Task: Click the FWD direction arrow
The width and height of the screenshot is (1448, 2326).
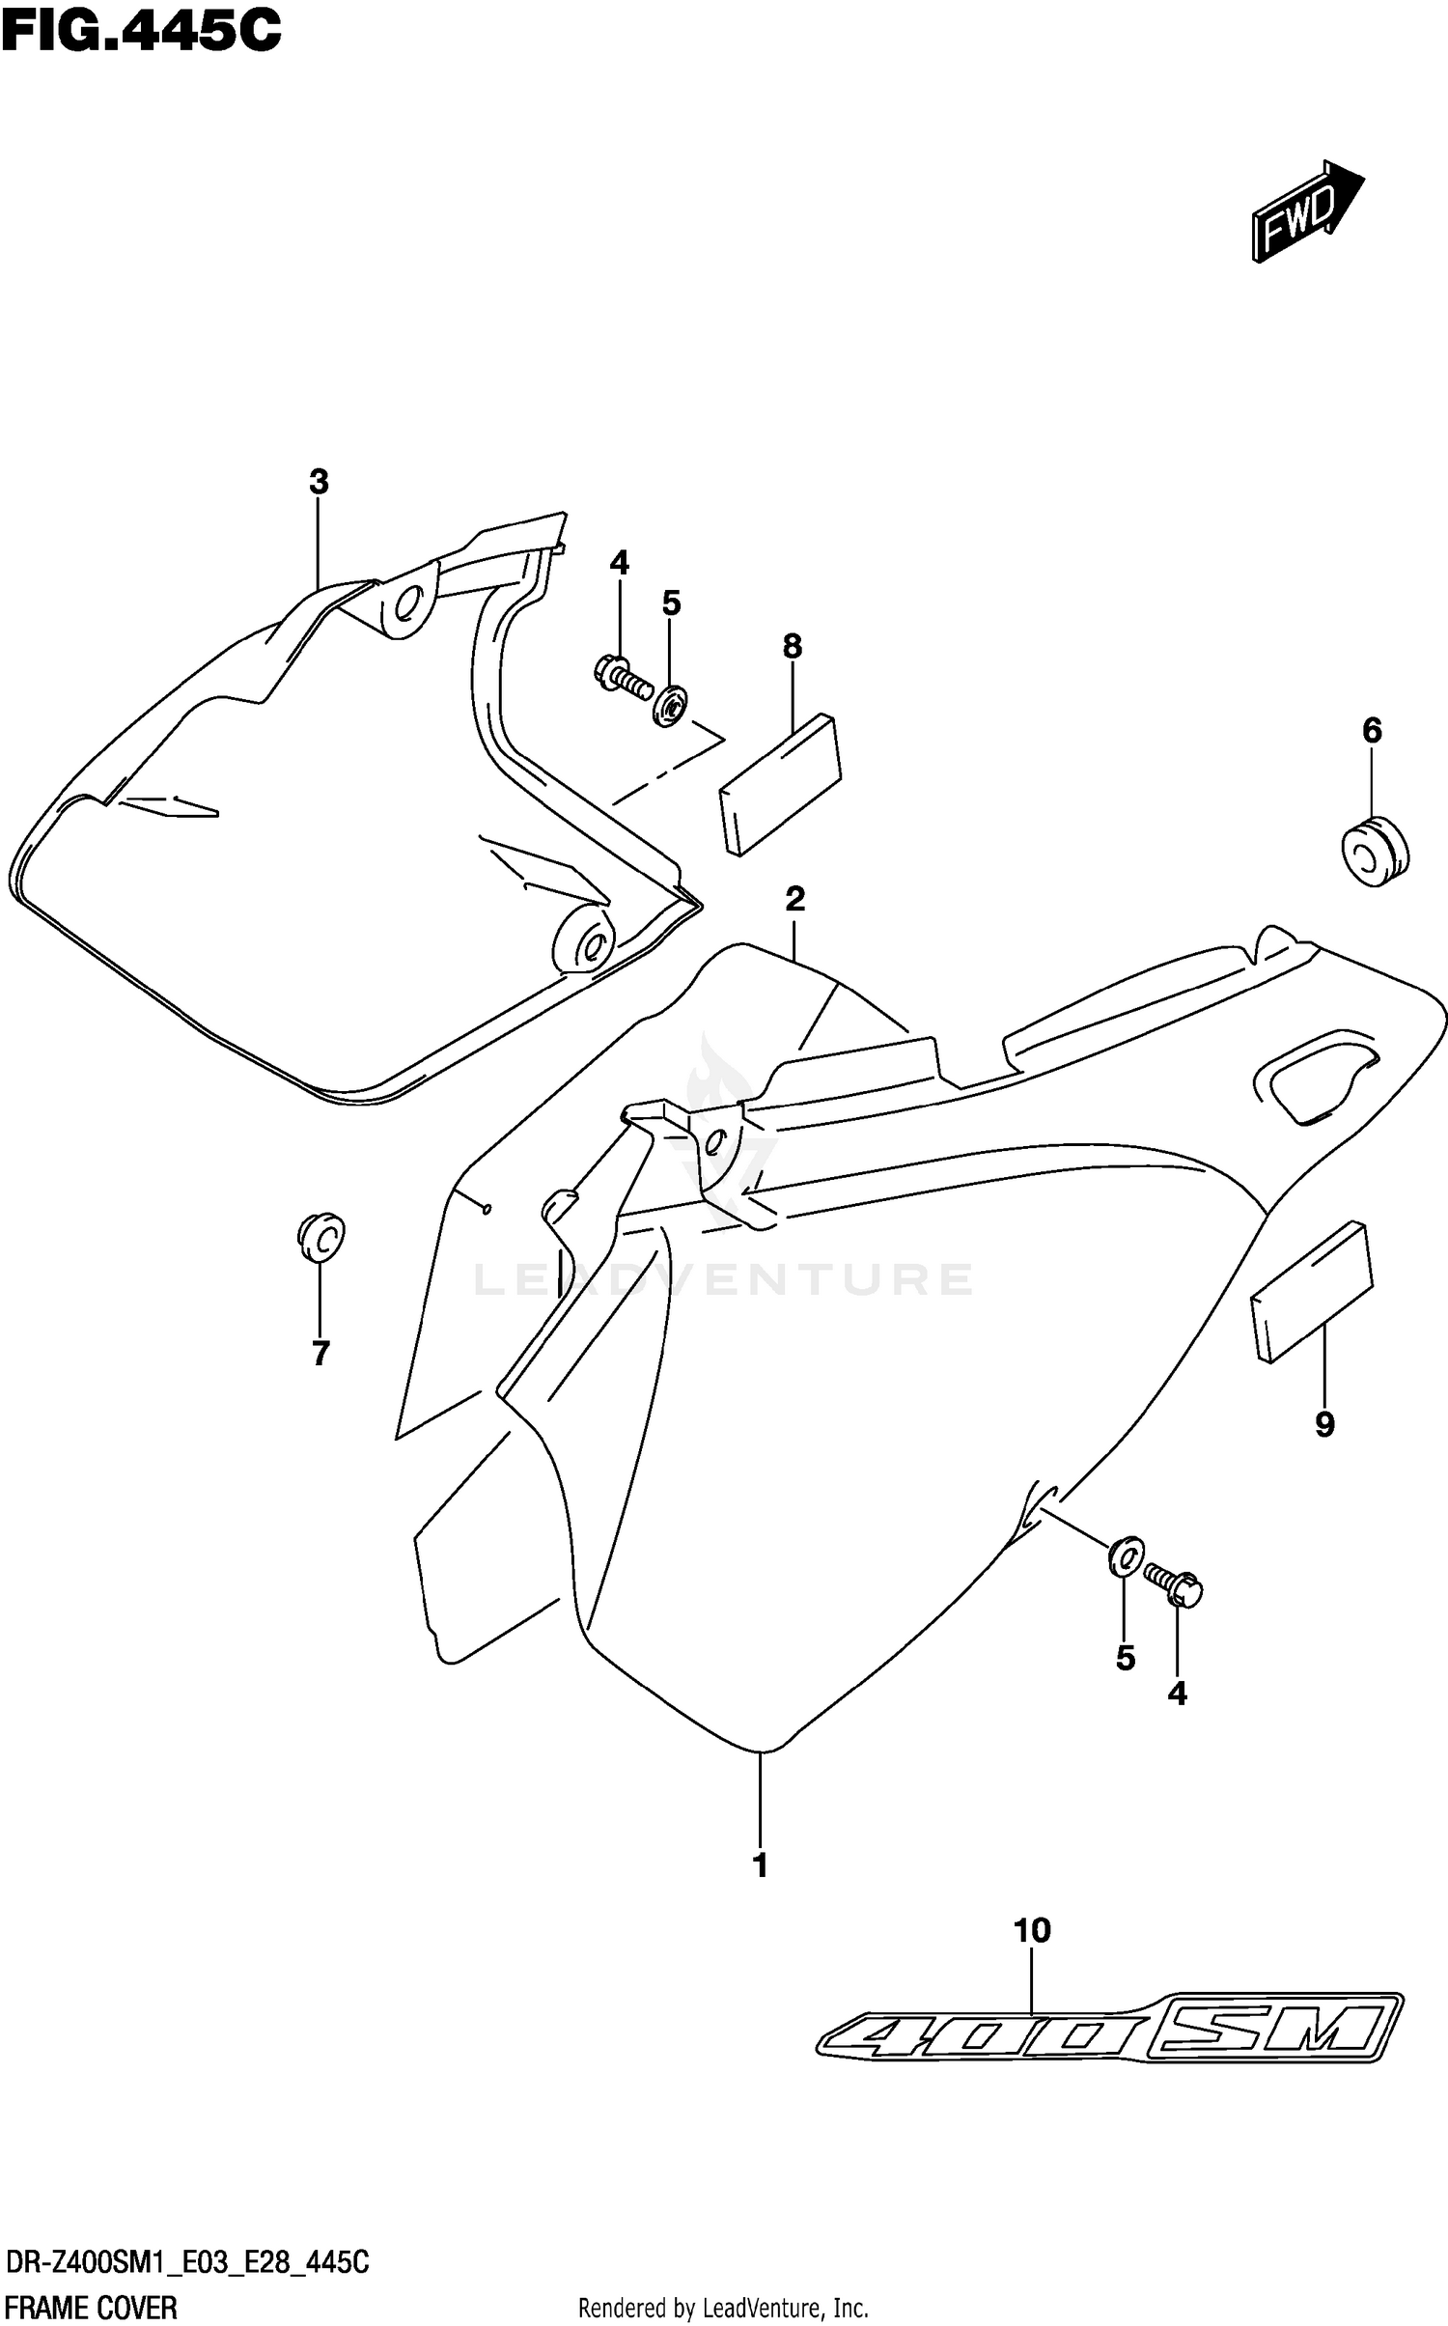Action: tap(1305, 210)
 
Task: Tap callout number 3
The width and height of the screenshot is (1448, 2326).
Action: tap(319, 482)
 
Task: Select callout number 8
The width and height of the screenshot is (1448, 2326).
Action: tap(793, 646)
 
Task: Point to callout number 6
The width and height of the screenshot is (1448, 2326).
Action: tap(1372, 731)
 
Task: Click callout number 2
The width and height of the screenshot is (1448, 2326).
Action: tap(794, 899)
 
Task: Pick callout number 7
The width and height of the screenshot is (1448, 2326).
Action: tap(321, 1354)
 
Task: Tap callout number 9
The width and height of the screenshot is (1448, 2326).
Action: tap(1324, 1423)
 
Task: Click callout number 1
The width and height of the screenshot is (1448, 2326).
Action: tap(761, 1865)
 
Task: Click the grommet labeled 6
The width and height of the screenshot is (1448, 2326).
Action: tap(1375, 852)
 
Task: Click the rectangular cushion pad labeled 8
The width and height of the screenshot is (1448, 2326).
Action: tap(780, 784)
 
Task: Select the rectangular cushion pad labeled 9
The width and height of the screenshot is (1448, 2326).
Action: tap(1311, 1292)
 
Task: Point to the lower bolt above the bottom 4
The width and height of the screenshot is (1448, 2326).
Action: tap(1174, 1585)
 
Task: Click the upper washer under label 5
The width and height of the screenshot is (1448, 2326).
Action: tap(669, 705)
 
